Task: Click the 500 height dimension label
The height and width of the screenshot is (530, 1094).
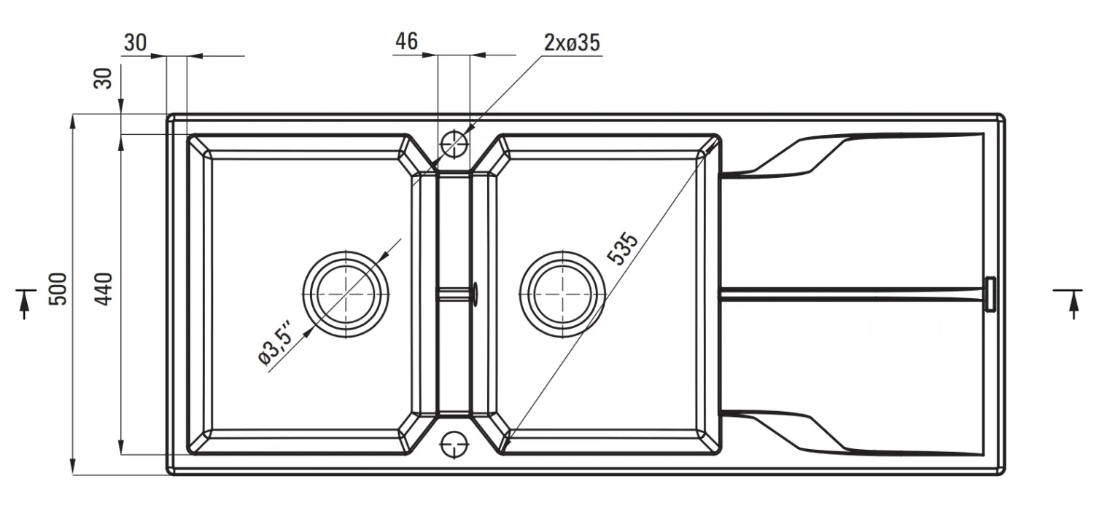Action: coord(58,289)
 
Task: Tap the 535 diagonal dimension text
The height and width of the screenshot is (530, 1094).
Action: coord(622,249)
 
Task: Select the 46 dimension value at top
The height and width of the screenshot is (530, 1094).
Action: coord(406,42)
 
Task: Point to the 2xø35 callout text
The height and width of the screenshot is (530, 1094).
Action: coord(572,43)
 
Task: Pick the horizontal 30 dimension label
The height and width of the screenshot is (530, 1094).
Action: coord(135,43)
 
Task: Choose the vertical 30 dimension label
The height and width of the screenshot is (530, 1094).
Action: coord(103,78)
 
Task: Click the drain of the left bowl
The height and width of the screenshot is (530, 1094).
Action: coord(346,295)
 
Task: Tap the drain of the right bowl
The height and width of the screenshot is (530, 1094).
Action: coord(562,295)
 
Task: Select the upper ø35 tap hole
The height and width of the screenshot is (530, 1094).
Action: coord(454,144)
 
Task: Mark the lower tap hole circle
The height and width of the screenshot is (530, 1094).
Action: coord(454,445)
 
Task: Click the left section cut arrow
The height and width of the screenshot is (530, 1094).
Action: coord(24,303)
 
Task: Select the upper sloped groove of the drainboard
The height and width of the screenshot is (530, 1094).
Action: coord(853,154)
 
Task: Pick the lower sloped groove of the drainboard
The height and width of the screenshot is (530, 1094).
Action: coord(853,433)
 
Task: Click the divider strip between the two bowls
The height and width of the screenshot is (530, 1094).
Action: coord(454,295)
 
